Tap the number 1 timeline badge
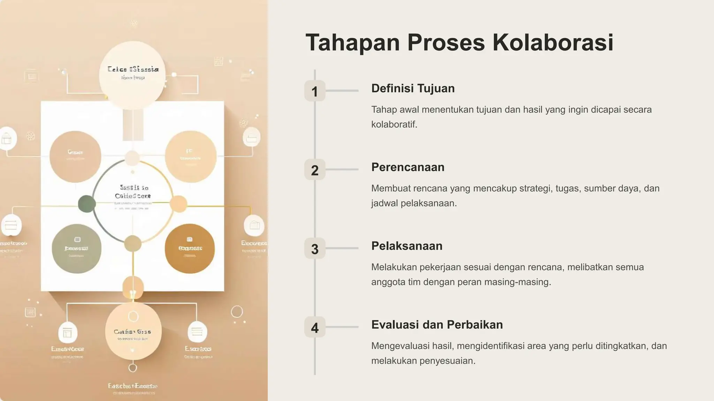tap(315, 91)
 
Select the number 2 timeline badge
tap(315, 170)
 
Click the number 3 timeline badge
tap(315, 249)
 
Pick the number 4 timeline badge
tap(315, 327)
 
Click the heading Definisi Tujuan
tap(413, 88)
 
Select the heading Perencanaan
tap(408, 167)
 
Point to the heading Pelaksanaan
tap(407, 246)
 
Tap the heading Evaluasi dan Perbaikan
tap(437, 324)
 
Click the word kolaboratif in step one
tap(394, 124)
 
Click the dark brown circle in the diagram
tap(189, 248)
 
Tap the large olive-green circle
tap(76, 249)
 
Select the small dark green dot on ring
tap(86, 204)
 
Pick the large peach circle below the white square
tap(133, 331)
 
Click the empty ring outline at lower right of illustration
tap(237, 312)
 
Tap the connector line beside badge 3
tap(342, 248)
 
